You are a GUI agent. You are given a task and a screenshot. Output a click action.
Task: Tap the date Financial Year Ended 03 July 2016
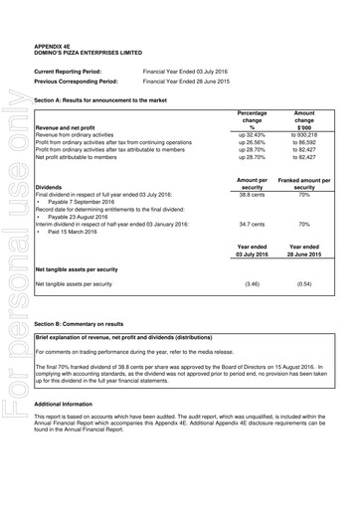click(x=184, y=73)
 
